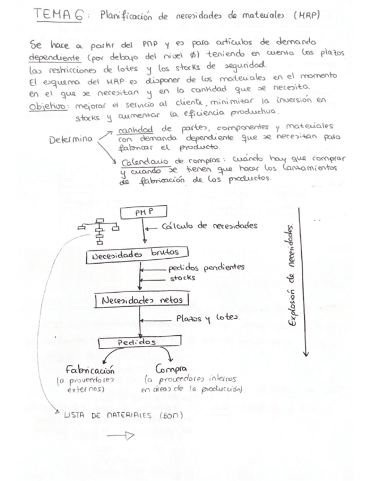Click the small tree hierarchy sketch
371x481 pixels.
coord(99,229)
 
